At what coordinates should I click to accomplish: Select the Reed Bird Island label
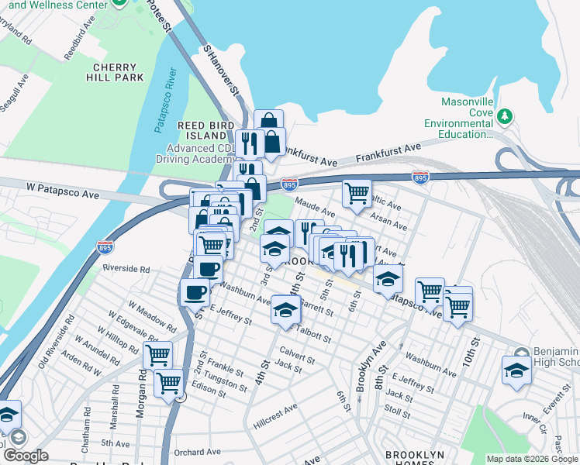coord(205,131)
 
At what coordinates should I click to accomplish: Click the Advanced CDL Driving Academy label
coord(204,153)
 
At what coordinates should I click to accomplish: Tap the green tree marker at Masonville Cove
coord(506,116)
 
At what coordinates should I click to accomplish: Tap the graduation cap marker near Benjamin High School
coord(516,370)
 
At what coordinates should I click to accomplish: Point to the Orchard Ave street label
coord(198,452)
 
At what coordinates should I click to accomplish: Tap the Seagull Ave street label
coord(16,97)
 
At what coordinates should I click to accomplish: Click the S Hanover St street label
coord(221,70)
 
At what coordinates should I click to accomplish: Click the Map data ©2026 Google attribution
coord(532,459)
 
